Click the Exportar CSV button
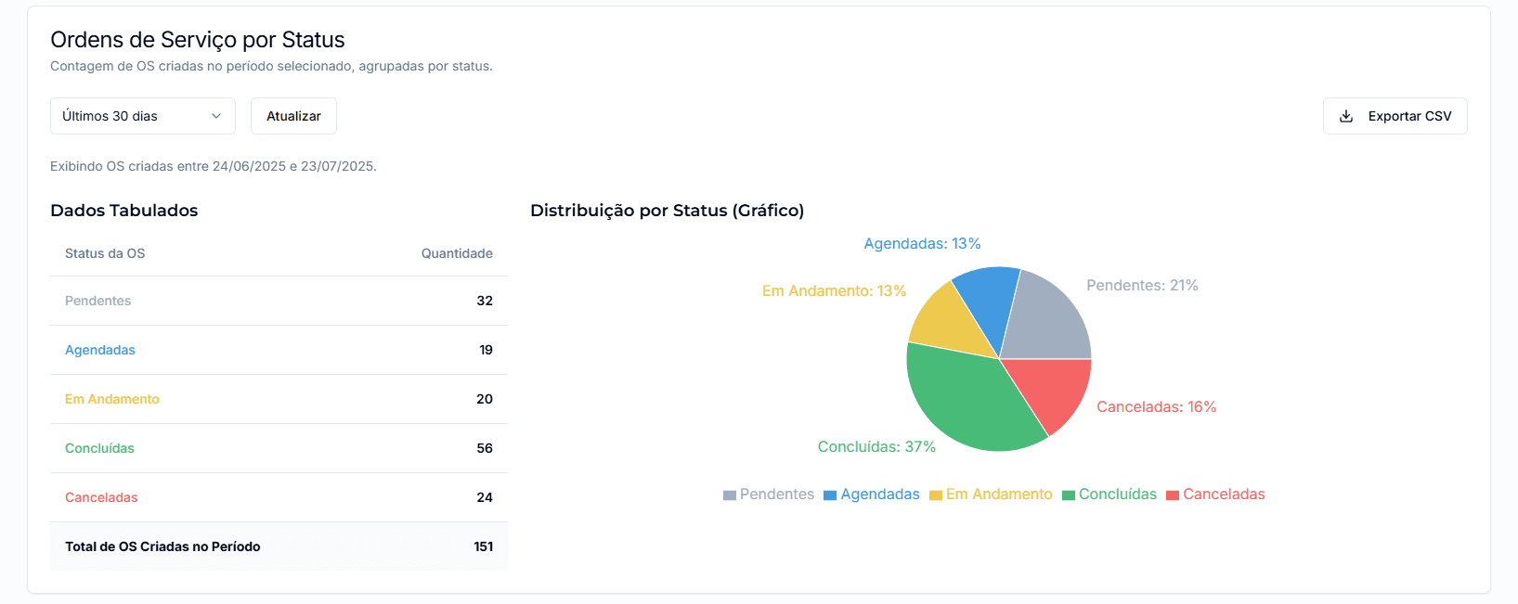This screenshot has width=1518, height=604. (1395, 116)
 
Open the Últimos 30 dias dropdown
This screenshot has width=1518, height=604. (142, 116)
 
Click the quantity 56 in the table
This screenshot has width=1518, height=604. (485, 448)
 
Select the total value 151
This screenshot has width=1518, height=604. (483, 546)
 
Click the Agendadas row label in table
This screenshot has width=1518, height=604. (100, 350)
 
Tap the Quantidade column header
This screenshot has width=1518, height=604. (457, 253)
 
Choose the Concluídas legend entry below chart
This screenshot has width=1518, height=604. (1109, 495)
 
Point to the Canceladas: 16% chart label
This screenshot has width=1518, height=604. (1156, 406)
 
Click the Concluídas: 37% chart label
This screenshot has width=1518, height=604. (876, 446)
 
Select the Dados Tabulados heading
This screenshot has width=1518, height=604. (124, 211)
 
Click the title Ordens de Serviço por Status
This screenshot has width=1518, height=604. (198, 40)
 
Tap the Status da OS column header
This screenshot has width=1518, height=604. (105, 253)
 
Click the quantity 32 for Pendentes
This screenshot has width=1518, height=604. (485, 301)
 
